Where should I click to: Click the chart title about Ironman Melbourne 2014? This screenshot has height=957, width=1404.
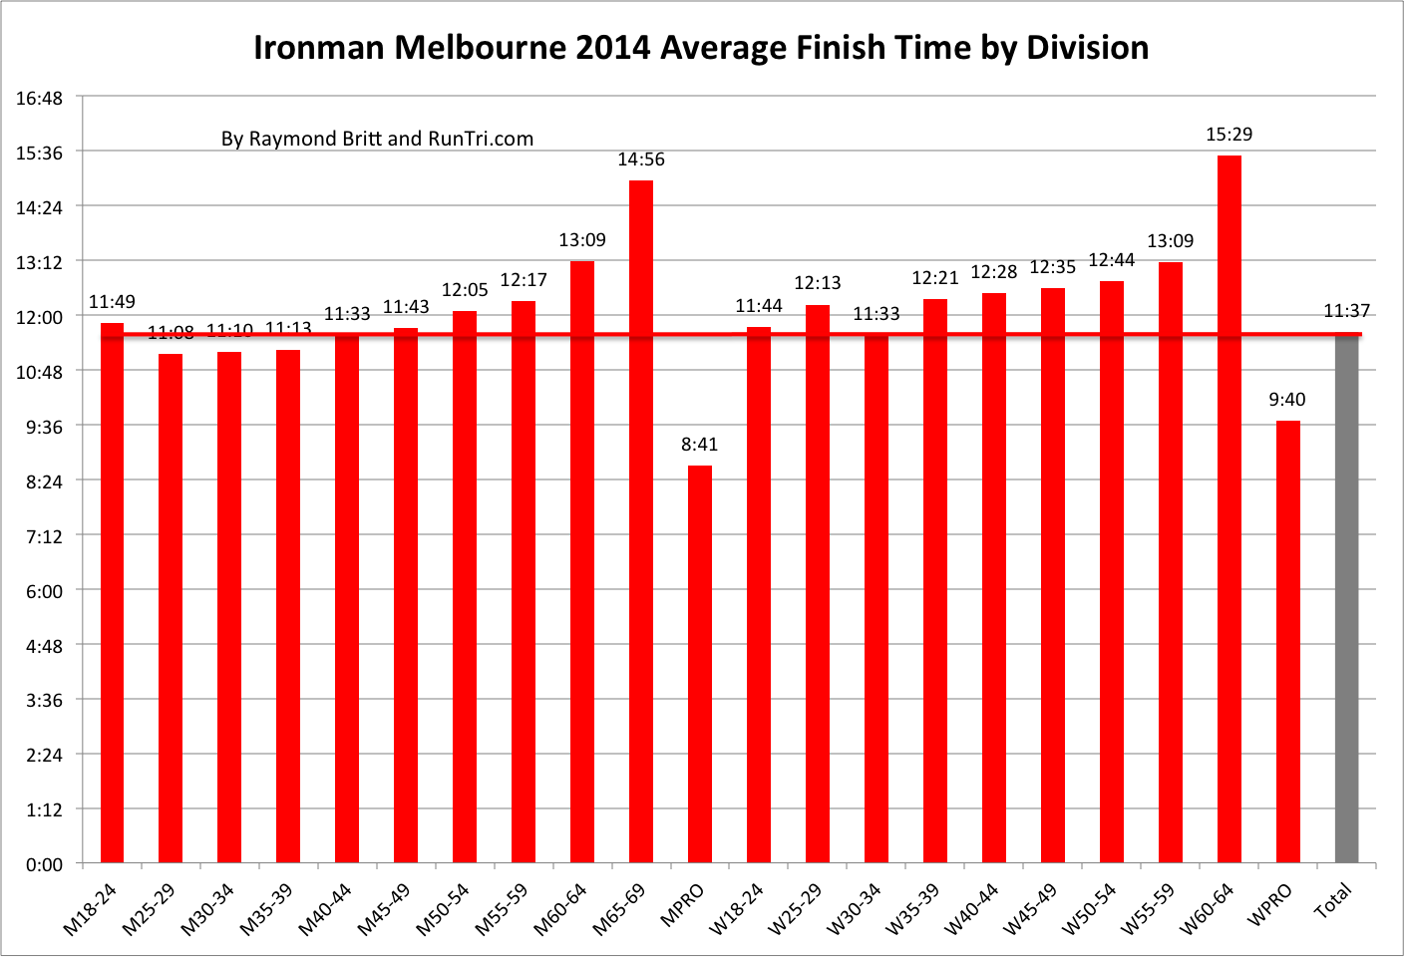(x=701, y=47)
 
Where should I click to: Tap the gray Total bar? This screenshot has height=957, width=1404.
(x=1346, y=598)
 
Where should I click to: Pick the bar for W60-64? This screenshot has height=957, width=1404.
(x=1228, y=508)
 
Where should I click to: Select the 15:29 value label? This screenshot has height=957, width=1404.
(x=1228, y=134)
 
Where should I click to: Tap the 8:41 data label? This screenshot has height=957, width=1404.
(x=699, y=444)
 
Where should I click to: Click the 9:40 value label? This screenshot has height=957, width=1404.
(x=1286, y=399)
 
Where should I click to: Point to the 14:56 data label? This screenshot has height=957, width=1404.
(x=640, y=159)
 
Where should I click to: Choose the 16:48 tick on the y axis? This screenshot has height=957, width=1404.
(x=40, y=98)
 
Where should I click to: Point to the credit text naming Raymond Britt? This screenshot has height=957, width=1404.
(x=377, y=139)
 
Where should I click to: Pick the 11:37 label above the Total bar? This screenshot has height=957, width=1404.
(x=1346, y=311)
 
